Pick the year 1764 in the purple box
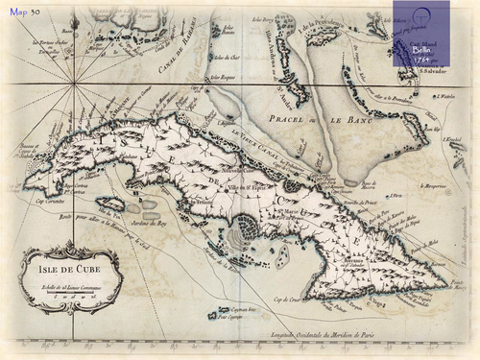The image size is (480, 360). pos(425,58)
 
